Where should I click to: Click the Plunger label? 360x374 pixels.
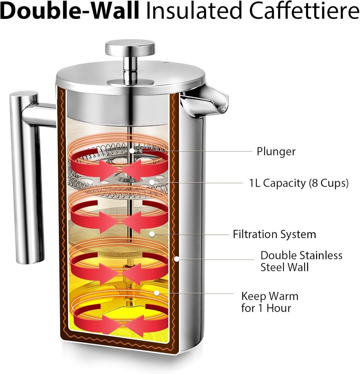[x=276, y=151]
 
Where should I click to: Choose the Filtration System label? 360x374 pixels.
[x=274, y=234]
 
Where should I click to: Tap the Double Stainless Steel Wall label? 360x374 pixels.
[x=301, y=261]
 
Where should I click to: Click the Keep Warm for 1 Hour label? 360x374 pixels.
[x=269, y=302]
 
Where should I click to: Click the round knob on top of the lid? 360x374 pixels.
[x=130, y=48]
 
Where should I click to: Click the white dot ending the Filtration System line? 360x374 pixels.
[x=152, y=233]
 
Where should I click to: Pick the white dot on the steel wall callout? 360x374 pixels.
[x=176, y=259]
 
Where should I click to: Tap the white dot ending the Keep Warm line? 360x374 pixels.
[x=156, y=293]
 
